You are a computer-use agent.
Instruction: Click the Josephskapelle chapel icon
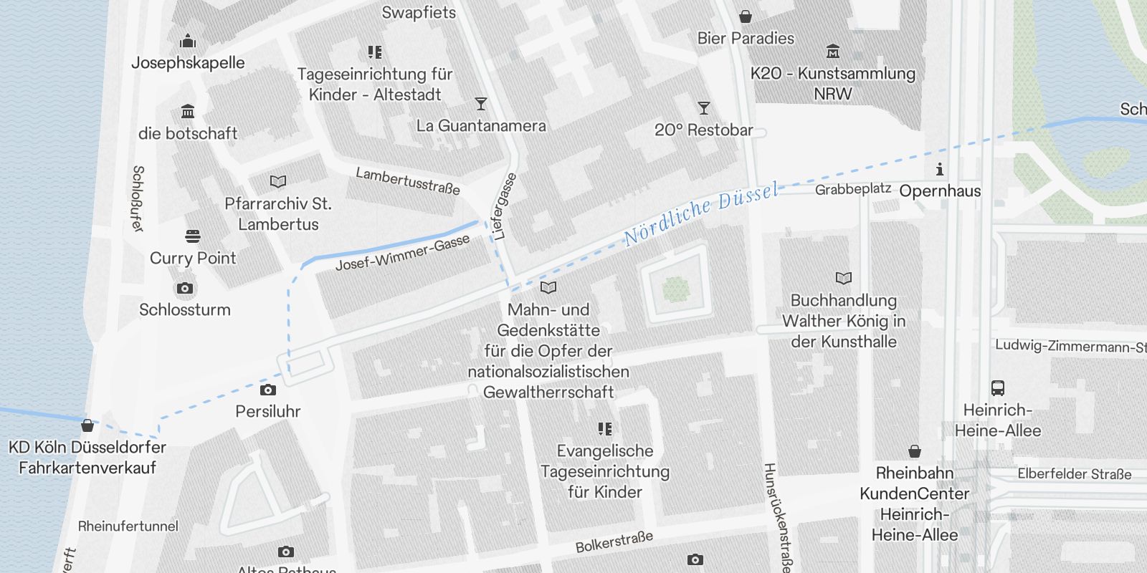(x=188, y=41)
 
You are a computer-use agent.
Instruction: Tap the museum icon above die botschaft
(x=188, y=112)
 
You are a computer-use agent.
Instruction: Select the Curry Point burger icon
(x=192, y=236)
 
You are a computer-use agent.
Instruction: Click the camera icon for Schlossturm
(x=184, y=288)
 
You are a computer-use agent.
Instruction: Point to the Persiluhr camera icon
(x=267, y=390)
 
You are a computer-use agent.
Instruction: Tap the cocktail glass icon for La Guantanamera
(x=480, y=105)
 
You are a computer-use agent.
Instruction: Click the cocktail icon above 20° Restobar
(x=703, y=108)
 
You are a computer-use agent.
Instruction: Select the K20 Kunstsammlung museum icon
(x=832, y=52)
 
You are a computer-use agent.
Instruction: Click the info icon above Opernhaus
(x=939, y=170)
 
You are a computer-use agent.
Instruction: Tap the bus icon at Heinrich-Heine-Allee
(x=997, y=388)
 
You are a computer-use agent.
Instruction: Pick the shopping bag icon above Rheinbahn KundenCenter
(x=914, y=451)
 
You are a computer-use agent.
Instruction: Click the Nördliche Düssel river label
(x=700, y=213)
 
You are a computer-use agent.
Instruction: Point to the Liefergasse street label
(x=505, y=206)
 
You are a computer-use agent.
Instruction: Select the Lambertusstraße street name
(x=407, y=180)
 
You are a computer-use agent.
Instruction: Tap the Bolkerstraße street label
(x=614, y=541)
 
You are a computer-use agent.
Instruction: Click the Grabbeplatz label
(x=853, y=189)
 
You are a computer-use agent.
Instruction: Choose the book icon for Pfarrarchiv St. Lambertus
(x=277, y=182)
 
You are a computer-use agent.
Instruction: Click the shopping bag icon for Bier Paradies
(x=746, y=16)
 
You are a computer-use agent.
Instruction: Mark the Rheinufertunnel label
(x=128, y=526)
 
